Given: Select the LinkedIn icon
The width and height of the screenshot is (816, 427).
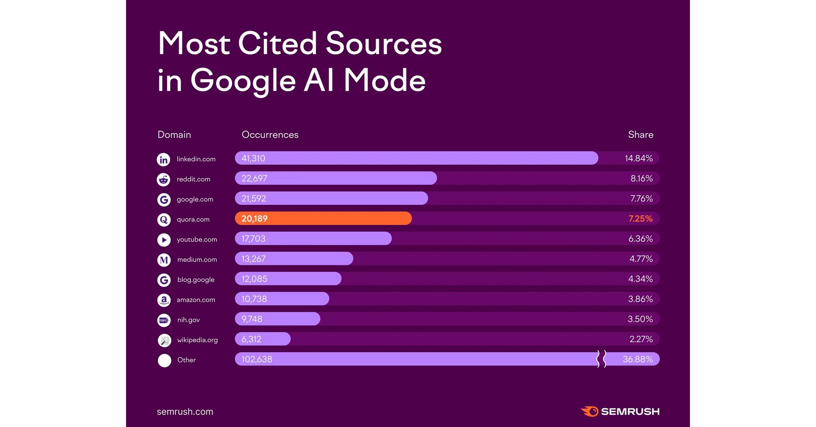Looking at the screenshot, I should (164, 160).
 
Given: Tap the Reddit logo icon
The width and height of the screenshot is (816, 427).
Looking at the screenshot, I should (164, 179).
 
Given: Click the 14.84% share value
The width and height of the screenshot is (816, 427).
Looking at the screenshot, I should (639, 158).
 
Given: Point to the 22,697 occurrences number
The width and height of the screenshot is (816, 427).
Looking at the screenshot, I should (254, 179).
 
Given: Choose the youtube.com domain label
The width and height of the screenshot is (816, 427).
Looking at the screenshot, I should (197, 240).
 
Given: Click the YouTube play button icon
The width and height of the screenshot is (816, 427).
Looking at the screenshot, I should (164, 240).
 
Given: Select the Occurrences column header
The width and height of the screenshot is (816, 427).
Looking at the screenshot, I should (270, 135).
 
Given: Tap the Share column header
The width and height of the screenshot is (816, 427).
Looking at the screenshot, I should (640, 135).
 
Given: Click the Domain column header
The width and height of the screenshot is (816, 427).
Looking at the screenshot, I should (174, 135).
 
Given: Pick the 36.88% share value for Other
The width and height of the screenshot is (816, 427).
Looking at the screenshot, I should (637, 359).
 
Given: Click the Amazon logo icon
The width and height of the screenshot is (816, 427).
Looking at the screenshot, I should (164, 300).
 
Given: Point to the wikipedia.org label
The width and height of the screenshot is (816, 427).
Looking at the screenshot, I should (197, 340).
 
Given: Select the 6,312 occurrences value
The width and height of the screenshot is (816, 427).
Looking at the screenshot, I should (251, 339).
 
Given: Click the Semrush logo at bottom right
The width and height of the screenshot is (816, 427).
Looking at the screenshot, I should (620, 412).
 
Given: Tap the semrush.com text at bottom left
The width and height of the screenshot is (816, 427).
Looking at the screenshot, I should (185, 412).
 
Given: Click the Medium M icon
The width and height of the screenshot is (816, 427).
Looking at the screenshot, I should (164, 260).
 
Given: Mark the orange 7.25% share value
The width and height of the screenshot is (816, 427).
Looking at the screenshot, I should (640, 219).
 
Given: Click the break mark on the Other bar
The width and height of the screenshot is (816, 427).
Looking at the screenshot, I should (601, 359).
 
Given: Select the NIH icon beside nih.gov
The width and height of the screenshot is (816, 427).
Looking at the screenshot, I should (164, 320).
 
